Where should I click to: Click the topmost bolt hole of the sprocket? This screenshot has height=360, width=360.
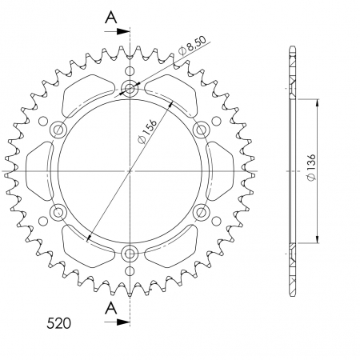[130, 89]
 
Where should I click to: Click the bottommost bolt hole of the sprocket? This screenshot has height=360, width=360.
[130, 255]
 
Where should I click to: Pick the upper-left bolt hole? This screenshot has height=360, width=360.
[58, 130]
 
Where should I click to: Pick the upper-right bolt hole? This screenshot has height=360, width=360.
[202, 130]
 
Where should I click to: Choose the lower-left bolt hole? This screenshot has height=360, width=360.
[58, 214]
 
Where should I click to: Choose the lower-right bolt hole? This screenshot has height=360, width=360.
[202, 214]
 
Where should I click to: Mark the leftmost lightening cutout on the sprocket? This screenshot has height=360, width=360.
[38, 171]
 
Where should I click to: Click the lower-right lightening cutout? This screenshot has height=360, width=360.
[177, 249]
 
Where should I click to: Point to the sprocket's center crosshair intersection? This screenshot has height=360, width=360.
[130, 172]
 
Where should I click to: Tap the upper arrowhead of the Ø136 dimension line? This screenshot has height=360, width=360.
[319, 102]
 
